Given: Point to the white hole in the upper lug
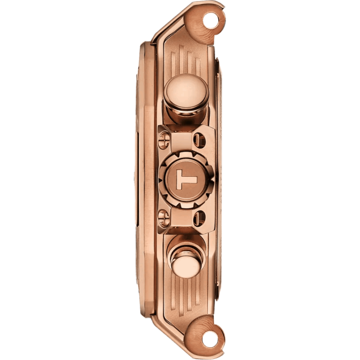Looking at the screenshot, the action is click(x=210, y=21).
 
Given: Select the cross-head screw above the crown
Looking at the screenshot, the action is click(x=165, y=140).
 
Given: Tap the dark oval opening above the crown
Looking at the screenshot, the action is click(x=199, y=140).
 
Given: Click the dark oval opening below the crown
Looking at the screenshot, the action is click(x=199, y=219).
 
